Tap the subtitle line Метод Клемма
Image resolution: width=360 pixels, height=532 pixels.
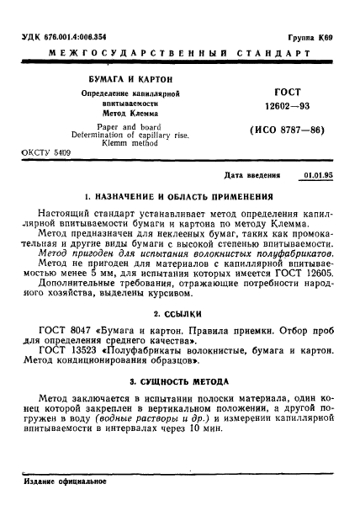tap(112, 112)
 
